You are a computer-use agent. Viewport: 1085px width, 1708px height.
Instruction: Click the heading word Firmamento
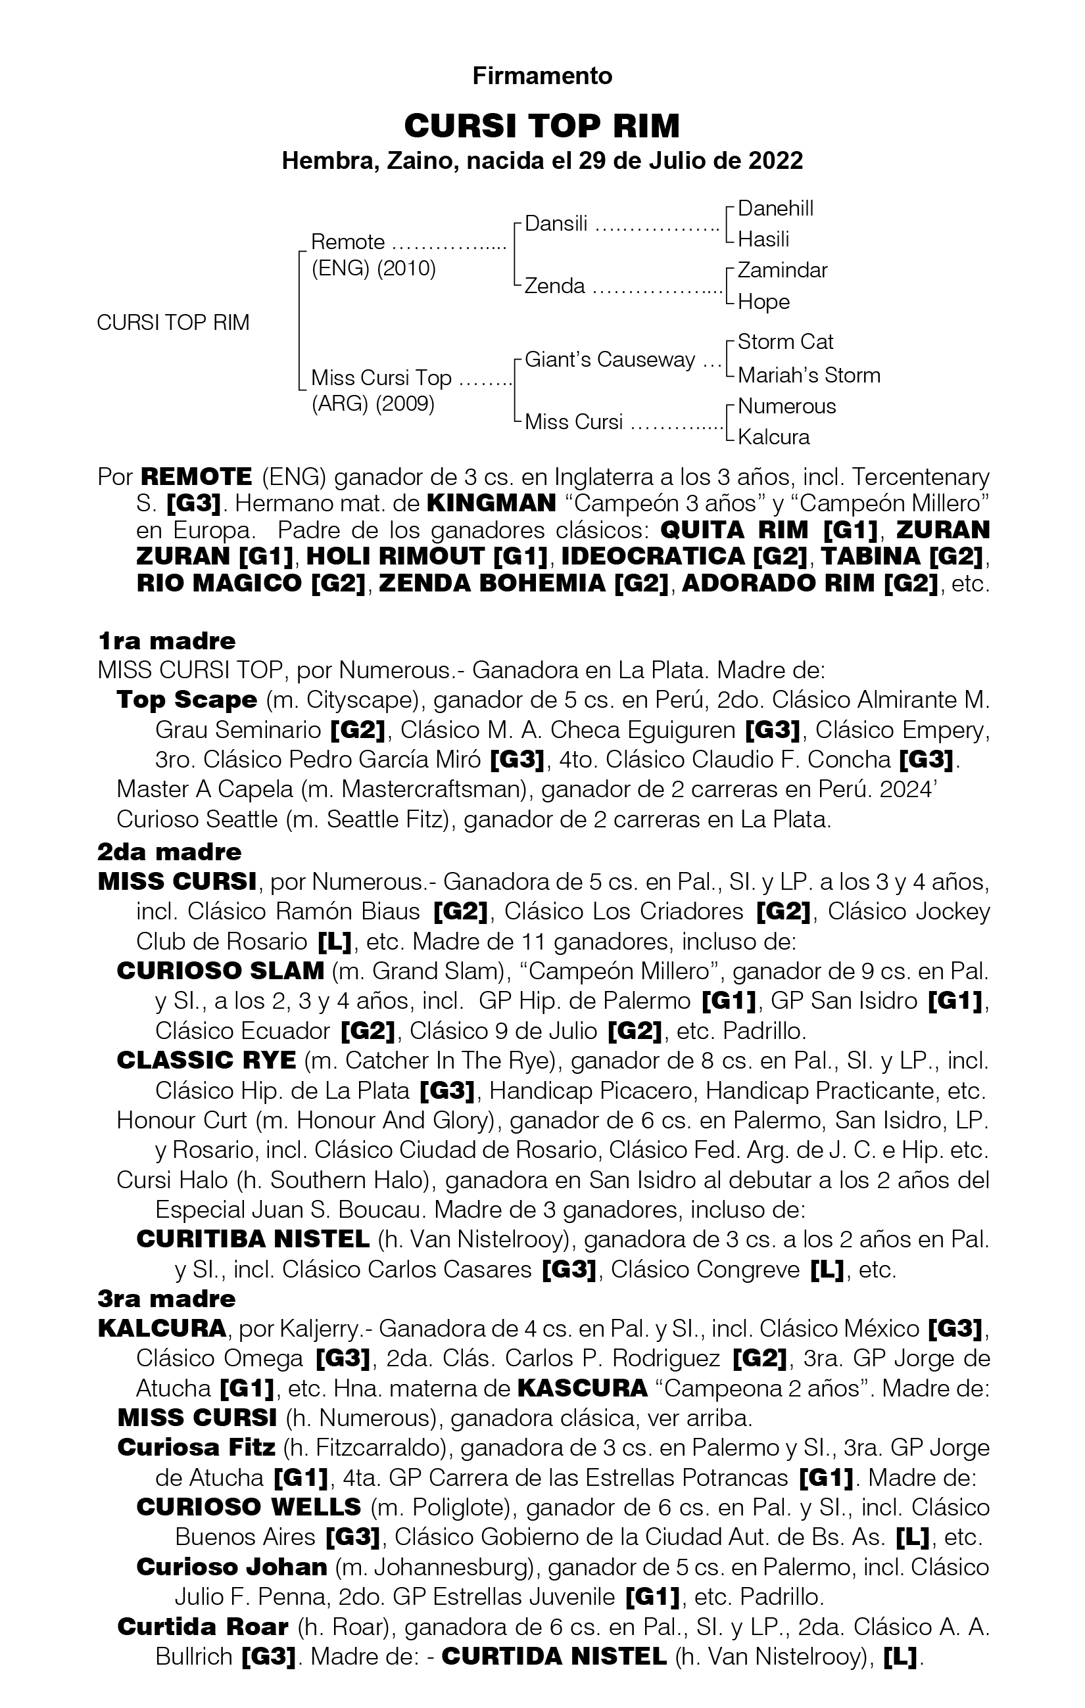point(542,76)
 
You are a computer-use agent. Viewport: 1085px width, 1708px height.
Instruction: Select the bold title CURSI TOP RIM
point(542,126)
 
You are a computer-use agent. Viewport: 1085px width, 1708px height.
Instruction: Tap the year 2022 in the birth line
point(775,161)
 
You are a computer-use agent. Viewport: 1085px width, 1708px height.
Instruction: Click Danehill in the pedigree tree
point(775,208)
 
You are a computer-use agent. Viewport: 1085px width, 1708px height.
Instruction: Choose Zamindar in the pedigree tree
point(782,270)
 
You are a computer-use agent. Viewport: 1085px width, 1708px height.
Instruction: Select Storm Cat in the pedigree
point(785,342)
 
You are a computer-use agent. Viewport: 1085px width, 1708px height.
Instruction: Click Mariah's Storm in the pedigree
point(808,375)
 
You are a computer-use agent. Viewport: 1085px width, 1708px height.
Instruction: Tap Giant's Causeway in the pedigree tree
point(610,359)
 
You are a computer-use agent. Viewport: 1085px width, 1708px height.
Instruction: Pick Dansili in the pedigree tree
point(556,224)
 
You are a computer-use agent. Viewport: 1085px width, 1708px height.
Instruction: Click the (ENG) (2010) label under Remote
point(374,269)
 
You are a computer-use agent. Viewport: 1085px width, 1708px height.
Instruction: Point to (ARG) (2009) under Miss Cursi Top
point(373,404)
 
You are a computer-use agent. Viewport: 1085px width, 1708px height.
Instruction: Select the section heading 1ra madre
point(167,641)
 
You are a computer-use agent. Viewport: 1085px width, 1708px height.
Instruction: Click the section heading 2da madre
point(170,851)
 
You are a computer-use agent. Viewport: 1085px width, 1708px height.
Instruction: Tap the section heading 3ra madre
point(167,1299)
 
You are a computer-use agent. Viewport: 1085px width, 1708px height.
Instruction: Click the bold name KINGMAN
point(491,503)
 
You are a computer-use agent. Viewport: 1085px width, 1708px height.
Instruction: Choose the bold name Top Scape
point(187,699)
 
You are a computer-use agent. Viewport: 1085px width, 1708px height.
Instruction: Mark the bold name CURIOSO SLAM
point(220,971)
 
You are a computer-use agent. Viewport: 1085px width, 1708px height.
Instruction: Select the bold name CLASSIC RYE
point(206,1060)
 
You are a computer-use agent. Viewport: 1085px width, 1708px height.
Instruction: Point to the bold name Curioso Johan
point(231,1567)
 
